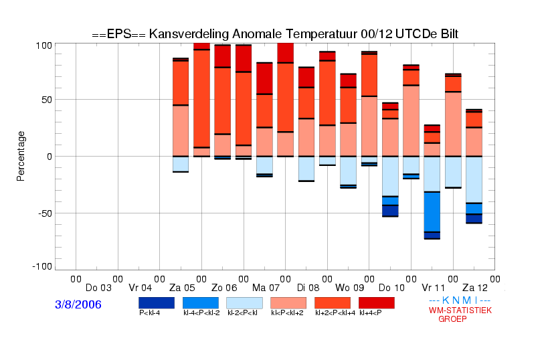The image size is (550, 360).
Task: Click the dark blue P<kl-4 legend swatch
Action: coord(157,303)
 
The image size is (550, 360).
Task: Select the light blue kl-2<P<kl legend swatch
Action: coord(244,303)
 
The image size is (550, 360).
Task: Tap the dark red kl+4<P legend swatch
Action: coord(377,303)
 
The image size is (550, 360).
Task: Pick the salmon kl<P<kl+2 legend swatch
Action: coord(288,303)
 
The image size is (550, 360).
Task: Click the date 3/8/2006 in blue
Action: coord(78,304)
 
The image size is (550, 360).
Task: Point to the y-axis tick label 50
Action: coord(47,100)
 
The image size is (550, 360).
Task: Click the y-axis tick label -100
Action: coord(42,267)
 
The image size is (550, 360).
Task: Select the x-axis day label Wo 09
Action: coord(350,288)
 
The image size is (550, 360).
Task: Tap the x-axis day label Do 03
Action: coord(98,288)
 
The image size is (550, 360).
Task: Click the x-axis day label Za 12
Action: coord(475,288)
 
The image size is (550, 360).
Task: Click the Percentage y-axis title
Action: coord(21,156)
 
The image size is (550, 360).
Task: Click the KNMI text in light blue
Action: coord(460,300)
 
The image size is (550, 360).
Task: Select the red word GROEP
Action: coord(452,319)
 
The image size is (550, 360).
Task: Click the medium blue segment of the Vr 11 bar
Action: coord(432,212)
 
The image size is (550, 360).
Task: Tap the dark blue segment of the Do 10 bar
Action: coord(390,211)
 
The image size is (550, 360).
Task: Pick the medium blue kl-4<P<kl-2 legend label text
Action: coord(201,312)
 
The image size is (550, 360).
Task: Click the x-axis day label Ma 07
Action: coord(266,288)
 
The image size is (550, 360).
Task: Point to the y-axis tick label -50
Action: coord(44,213)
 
